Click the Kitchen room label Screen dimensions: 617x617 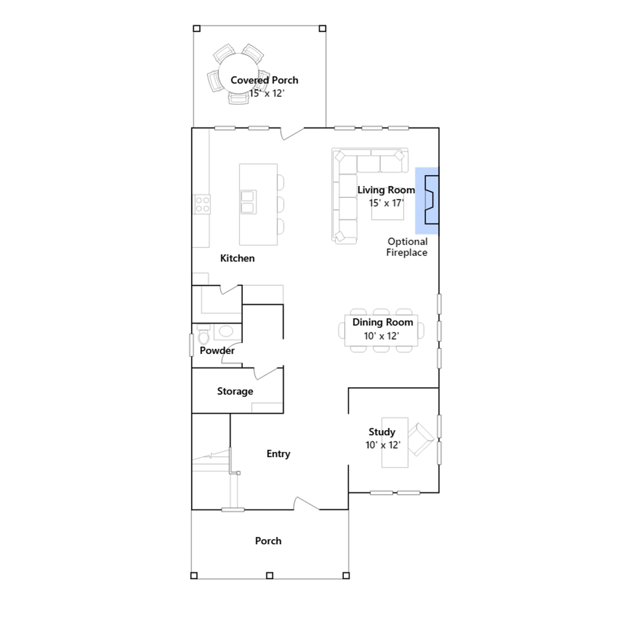tap(237, 258)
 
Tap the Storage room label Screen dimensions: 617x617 tap(235, 391)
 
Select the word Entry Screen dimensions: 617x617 tap(278, 454)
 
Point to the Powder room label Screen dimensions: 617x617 tap(217, 351)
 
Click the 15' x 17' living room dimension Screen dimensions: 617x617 tap(386, 203)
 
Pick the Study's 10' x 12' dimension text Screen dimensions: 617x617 tap(383, 445)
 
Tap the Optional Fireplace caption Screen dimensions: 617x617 tap(407, 247)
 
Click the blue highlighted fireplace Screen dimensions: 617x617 tap(427, 201)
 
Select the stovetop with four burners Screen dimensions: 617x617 tap(202, 204)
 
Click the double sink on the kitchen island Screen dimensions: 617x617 tap(248, 202)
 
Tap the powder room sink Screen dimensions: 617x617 tap(226, 331)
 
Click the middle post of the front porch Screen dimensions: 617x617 tap(270, 576)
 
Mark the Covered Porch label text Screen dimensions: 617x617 tap(265, 80)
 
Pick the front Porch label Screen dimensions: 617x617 tap(268, 541)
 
